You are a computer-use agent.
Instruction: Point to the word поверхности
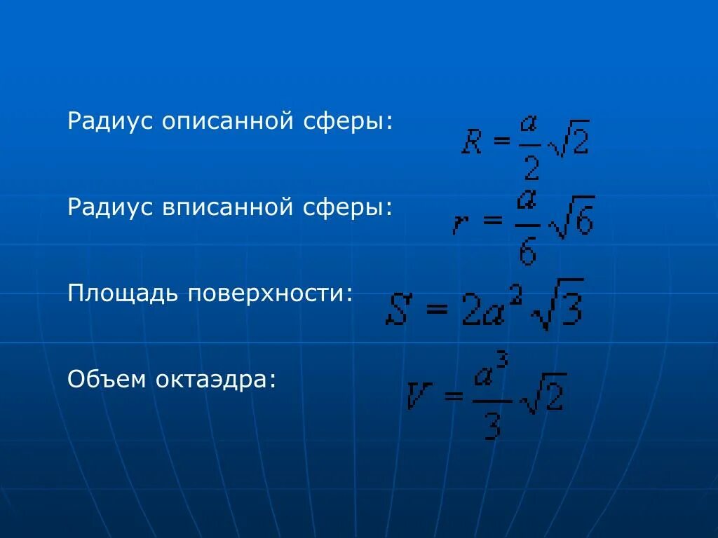tap(269, 294)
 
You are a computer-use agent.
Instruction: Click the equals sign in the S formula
tap(436, 310)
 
